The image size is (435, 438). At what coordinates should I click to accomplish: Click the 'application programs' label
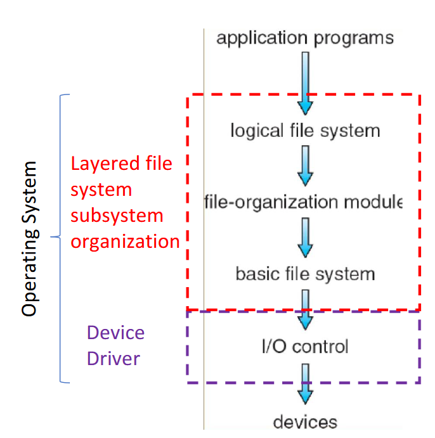[x=305, y=38]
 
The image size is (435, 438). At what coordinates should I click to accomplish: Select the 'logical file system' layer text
[x=305, y=131]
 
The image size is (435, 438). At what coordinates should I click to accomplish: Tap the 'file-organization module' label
[x=303, y=203]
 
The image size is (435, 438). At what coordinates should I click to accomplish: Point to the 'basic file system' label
[x=305, y=274]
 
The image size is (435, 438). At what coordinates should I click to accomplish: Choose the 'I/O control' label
[x=305, y=347]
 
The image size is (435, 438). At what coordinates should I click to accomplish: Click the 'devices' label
[x=305, y=422]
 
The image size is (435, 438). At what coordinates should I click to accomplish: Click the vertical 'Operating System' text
[x=29, y=238]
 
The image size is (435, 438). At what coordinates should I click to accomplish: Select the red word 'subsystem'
[x=117, y=216]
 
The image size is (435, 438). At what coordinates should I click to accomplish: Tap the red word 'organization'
[x=125, y=242]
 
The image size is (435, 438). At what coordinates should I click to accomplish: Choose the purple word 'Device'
[x=115, y=333]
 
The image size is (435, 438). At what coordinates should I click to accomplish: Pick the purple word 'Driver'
[x=114, y=359]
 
